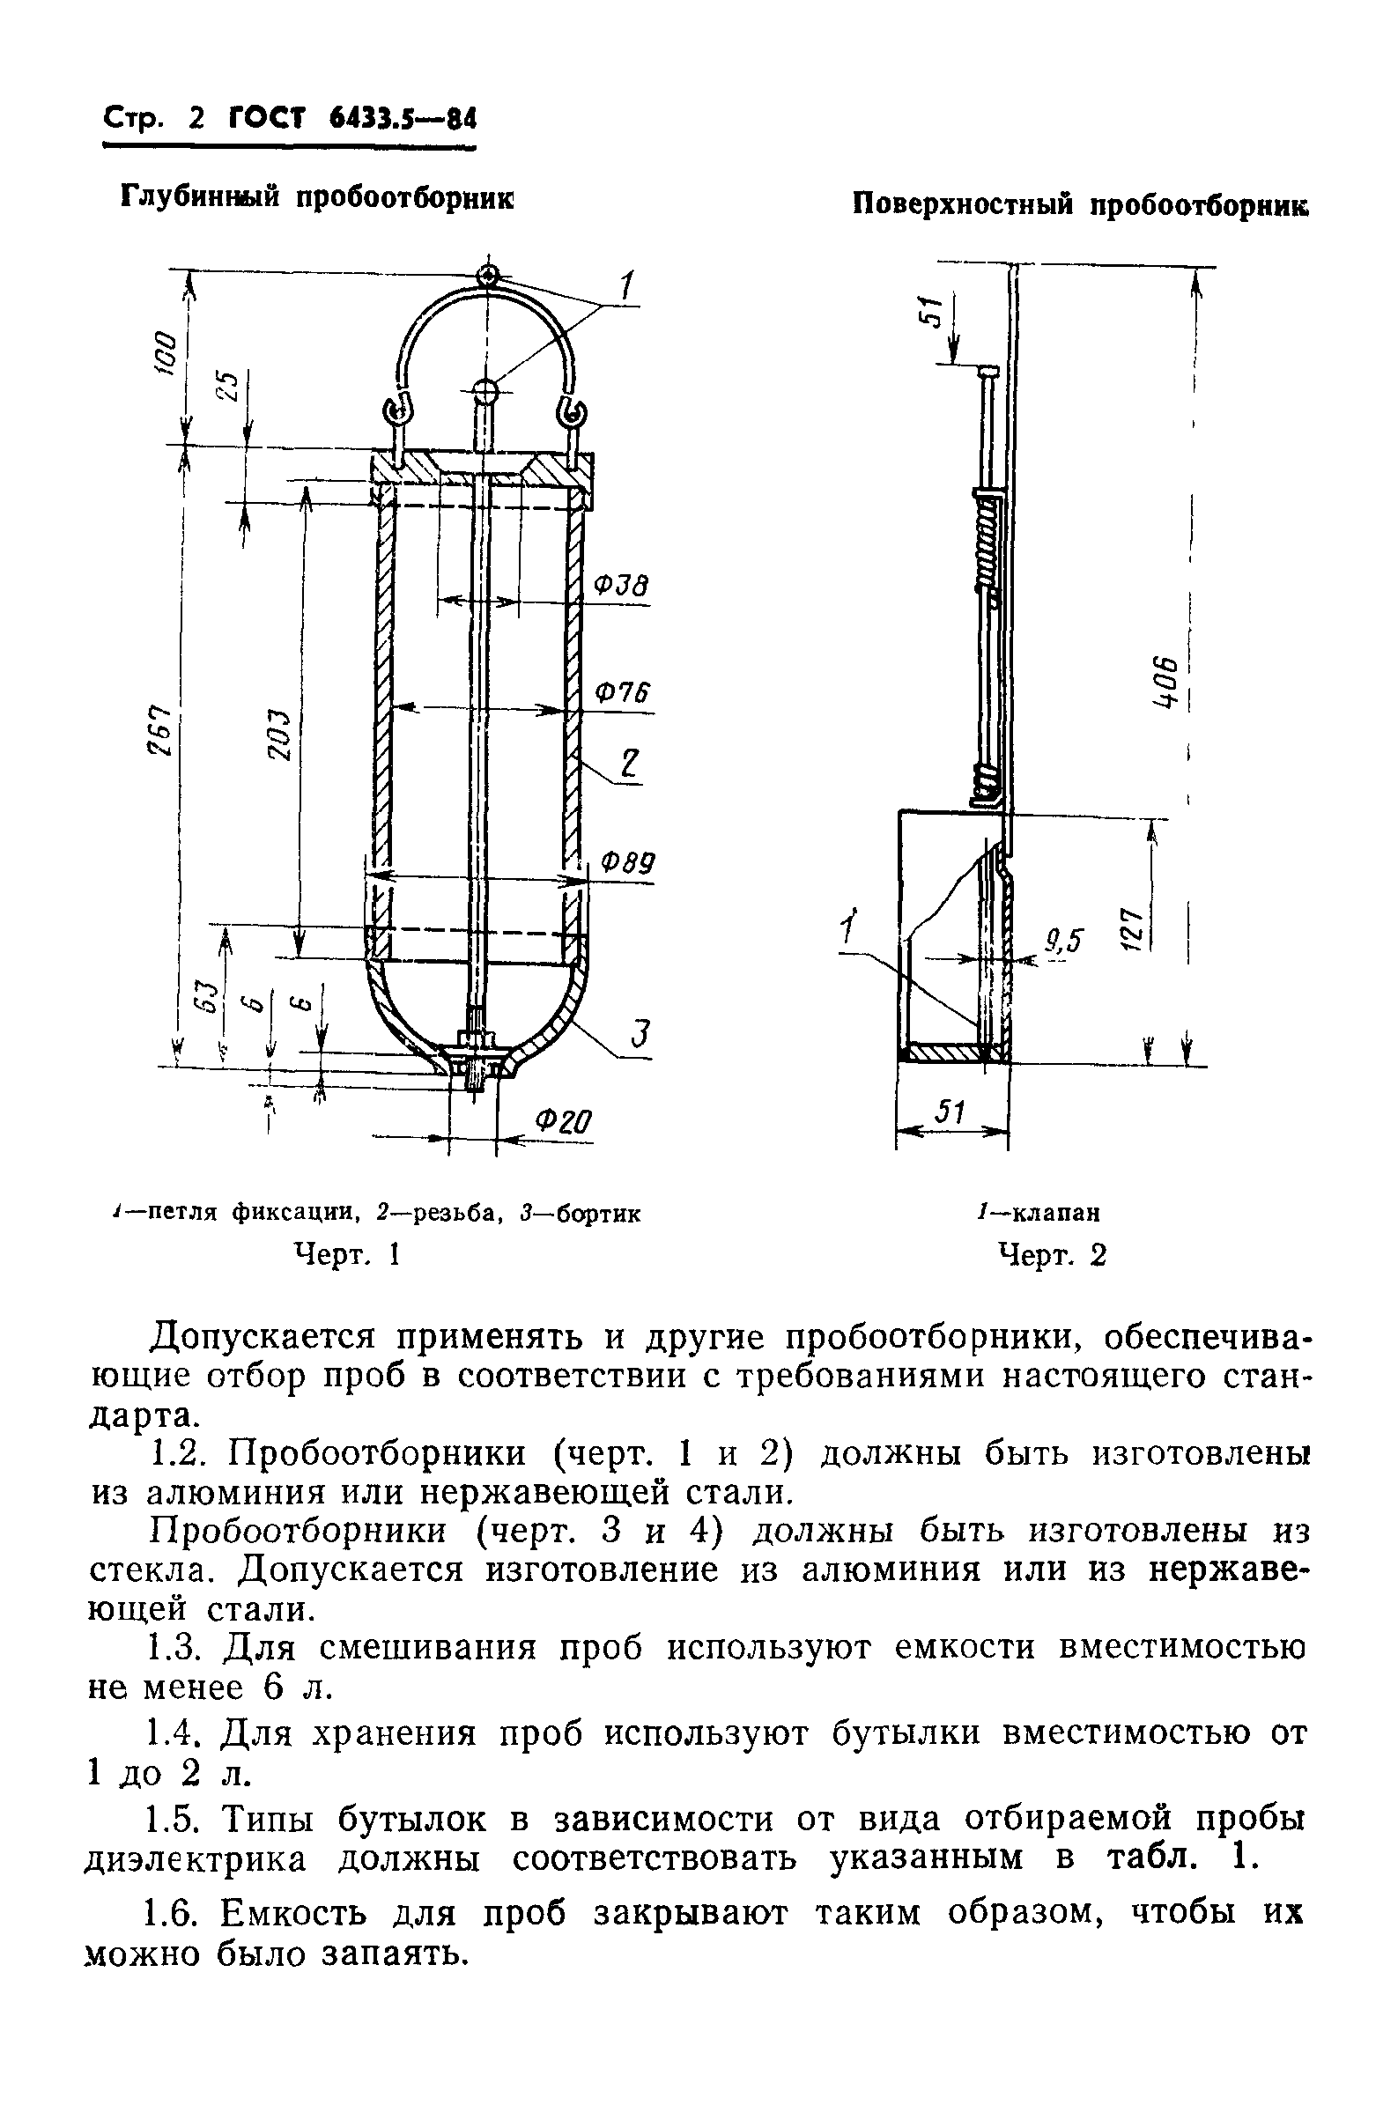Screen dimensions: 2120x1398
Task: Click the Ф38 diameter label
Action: click(620, 586)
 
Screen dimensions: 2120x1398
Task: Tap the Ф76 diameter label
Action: click(621, 692)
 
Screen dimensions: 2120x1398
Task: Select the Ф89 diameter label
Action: click(627, 862)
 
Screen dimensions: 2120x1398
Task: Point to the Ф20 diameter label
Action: click(564, 1120)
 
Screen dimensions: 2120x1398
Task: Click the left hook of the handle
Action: click(394, 412)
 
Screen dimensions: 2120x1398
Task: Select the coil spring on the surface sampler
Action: click(987, 545)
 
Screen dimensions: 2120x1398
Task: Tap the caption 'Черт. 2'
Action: click(1052, 1255)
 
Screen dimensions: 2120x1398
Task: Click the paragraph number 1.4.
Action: click(170, 1733)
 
